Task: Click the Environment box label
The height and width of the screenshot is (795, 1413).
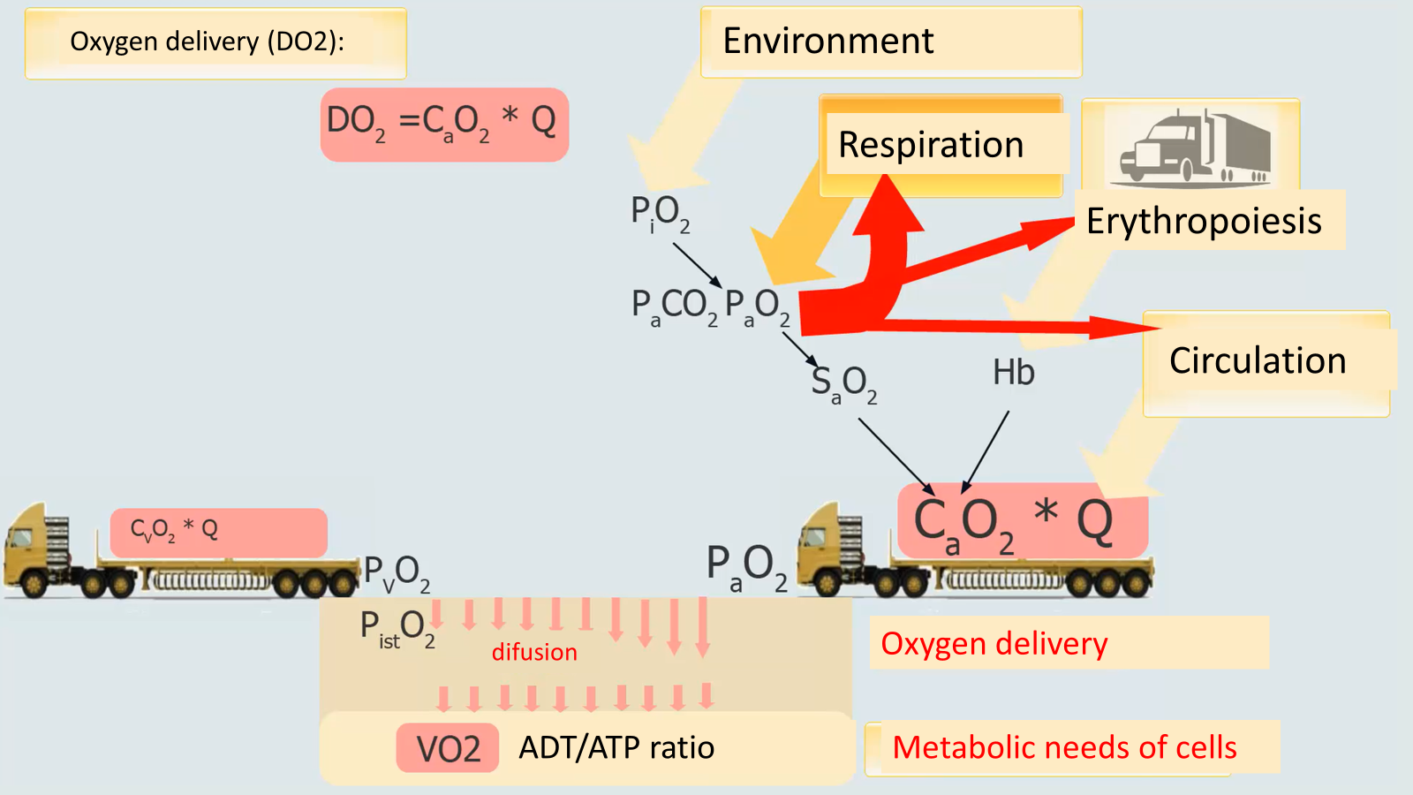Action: tap(827, 42)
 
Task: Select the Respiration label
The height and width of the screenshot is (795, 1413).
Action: tap(930, 145)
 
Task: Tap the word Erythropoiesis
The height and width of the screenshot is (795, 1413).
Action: tap(1203, 221)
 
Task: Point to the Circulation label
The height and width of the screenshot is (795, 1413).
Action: tap(1257, 361)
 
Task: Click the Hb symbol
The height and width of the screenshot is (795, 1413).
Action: tap(1013, 373)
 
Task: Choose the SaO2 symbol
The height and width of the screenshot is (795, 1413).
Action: tap(843, 383)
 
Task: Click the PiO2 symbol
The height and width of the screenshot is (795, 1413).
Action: tap(659, 213)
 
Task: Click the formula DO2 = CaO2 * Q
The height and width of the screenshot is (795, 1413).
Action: tap(443, 123)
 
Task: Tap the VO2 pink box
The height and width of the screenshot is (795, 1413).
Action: tap(448, 749)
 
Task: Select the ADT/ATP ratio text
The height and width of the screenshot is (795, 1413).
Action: tap(616, 748)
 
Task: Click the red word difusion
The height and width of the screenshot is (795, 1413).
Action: tap(534, 652)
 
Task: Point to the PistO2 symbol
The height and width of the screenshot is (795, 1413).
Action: tap(397, 629)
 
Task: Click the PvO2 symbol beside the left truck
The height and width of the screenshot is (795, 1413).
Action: tap(397, 573)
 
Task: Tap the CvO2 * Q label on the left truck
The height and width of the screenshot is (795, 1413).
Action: tap(175, 530)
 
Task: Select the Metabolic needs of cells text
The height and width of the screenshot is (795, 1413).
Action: tap(1064, 748)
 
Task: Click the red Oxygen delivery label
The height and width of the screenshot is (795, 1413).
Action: tap(994, 644)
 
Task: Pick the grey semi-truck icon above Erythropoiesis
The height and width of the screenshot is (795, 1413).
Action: tap(1194, 148)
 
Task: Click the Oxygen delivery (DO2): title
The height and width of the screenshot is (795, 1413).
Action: tap(207, 42)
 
